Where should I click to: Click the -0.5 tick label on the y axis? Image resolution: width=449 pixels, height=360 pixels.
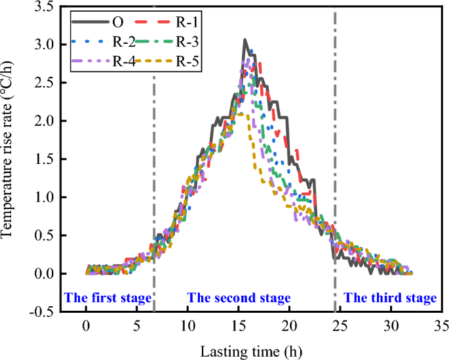click(43, 311)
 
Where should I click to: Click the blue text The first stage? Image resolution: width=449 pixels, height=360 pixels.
click(107, 298)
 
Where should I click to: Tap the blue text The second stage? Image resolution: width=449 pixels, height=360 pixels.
click(239, 298)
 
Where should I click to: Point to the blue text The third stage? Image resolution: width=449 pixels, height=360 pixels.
click(390, 298)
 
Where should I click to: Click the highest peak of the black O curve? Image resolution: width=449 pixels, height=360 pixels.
click(244, 40)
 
